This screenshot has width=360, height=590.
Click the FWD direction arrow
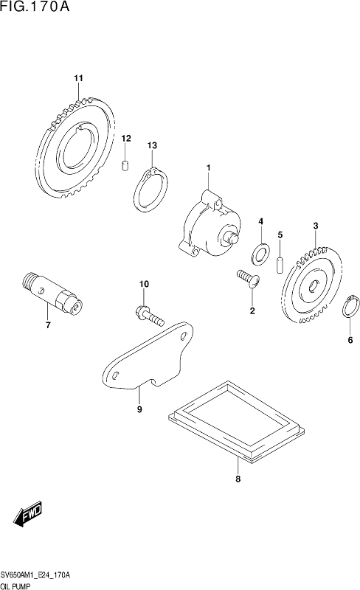pyautogui.click(x=28, y=513)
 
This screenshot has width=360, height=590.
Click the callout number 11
pyautogui.click(x=78, y=78)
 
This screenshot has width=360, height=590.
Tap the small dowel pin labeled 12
pyautogui.click(x=125, y=165)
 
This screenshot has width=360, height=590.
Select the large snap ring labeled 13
pyautogui.click(x=150, y=190)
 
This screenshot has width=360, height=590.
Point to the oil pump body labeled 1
pyautogui.click(x=210, y=225)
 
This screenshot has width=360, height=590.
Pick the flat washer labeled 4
pyautogui.click(x=260, y=252)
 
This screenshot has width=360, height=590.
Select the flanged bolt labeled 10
pyautogui.click(x=150, y=316)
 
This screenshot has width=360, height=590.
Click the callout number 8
pyautogui.click(x=238, y=479)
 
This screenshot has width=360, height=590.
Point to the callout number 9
pyautogui.click(x=139, y=409)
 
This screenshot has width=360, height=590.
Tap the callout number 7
pyautogui.click(x=48, y=325)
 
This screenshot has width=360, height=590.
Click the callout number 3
pyautogui.click(x=316, y=226)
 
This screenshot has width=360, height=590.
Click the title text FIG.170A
pyautogui.click(x=35, y=7)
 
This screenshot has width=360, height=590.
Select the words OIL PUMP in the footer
pyautogui.click(x=15, y=586)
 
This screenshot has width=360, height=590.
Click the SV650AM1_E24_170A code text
pyautogui.click(x=35, y=576)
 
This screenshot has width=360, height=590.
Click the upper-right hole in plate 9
pyautogui.click(x=184, y=336)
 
